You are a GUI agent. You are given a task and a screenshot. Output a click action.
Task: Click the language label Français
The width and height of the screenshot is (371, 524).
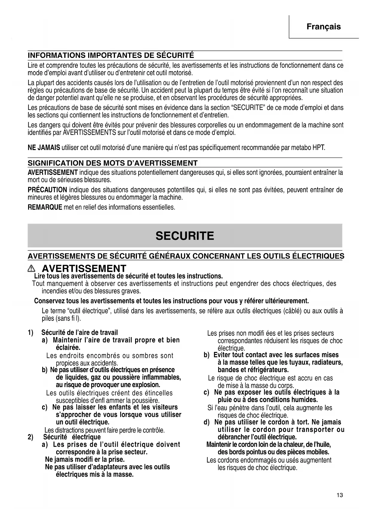323,27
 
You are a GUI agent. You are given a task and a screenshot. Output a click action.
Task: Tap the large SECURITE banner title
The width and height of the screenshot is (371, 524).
185,236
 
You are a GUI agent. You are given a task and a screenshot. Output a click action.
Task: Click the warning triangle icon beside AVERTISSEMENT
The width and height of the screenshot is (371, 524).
31,269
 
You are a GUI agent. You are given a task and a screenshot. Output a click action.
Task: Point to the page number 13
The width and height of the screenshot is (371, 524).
339,495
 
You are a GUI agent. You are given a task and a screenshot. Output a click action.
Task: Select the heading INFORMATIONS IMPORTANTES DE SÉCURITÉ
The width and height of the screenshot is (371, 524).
111,56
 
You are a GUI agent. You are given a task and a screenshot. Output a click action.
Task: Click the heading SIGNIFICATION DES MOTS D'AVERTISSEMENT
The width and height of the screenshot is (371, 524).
113,163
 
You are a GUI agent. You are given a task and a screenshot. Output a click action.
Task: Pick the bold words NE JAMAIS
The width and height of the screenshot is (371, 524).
44,148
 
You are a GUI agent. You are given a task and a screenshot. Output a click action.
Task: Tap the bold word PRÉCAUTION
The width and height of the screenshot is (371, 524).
47,190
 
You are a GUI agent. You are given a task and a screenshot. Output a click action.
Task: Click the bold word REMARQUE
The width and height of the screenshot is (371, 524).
45,207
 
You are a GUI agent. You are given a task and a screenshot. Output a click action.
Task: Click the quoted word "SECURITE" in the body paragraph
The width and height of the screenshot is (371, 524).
248,108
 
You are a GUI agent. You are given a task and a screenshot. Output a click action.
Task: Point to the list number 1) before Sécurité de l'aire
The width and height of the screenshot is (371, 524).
30,333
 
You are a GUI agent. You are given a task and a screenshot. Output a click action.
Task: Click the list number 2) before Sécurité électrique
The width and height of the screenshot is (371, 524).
30,437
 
